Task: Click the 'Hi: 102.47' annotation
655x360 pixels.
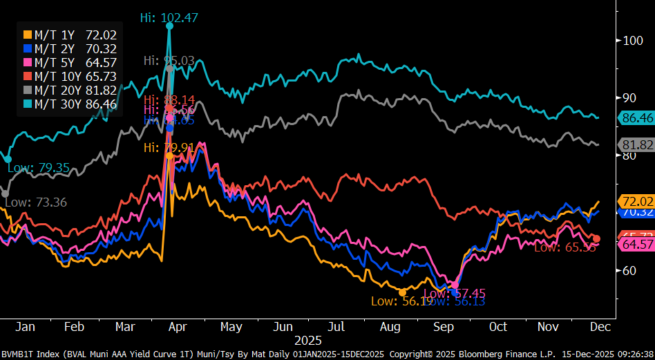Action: pyautogui.click(x=169, y=18)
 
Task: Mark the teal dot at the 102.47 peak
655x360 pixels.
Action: pyautogui.click(x=169, y=26)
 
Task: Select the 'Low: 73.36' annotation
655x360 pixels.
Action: pyautogui.click(x=35, y=202)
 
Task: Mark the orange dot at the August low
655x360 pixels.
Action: pyautogui.click(x=403, y=293)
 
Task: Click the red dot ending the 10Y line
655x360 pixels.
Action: pyautogui.click(x=597, y=238)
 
